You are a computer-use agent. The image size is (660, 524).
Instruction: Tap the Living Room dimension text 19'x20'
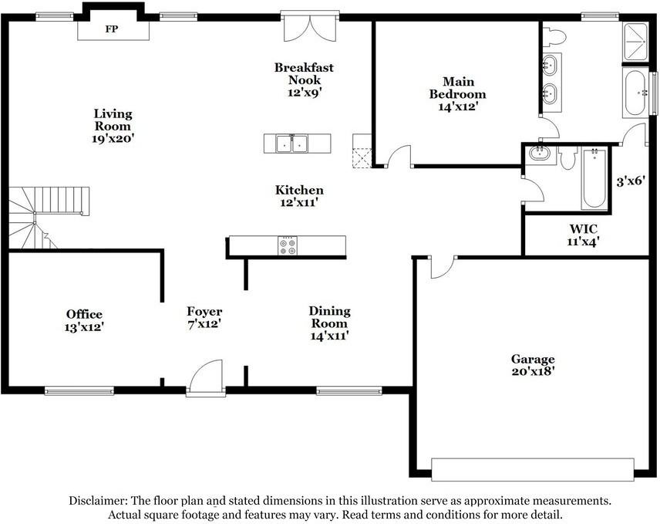pos(113,139)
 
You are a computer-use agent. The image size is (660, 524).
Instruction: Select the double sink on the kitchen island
pos(297,144)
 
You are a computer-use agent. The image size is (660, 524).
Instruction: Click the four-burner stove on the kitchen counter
pos(287,245)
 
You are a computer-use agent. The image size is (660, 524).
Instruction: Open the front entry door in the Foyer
pos(205,378)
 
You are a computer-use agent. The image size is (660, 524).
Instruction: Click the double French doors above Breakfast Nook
pos(309,27)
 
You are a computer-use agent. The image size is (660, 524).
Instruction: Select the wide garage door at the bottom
pos(532,469)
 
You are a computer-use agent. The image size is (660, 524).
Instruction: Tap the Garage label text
pos(533,359)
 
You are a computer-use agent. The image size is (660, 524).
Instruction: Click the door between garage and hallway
pos(441,267)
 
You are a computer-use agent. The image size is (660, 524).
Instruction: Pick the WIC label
pos(584,228)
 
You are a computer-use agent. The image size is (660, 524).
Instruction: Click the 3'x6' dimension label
pos(631,182)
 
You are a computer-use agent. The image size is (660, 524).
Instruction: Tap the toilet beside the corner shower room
pos(554,35)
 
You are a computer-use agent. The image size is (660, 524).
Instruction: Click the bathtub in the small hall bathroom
pos(594,178)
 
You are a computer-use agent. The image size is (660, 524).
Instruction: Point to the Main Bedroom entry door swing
pos(398,157)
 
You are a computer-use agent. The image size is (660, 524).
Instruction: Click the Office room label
pos(84,314)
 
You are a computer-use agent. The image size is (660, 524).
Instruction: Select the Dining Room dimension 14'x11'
pos(329,336)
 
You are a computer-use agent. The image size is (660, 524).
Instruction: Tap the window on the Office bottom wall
pos(79,391)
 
